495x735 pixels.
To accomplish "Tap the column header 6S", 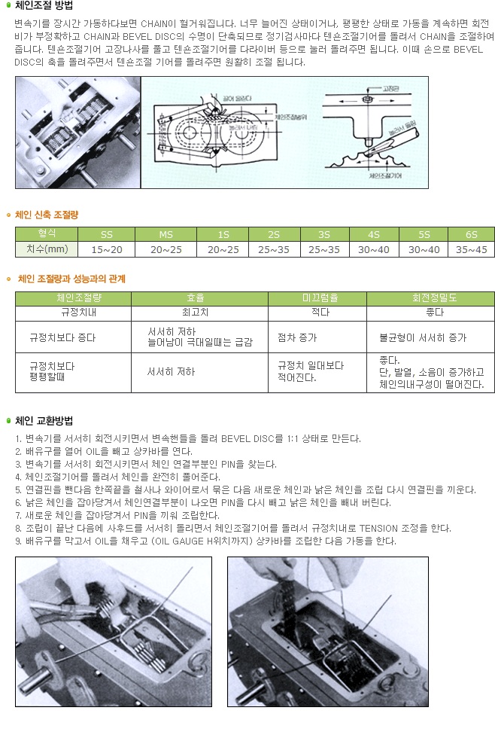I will coord(471,234).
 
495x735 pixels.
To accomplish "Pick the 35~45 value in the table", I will coord(471,249).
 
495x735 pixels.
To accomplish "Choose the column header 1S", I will coord(223,234).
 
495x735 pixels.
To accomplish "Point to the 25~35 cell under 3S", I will coord(323,249).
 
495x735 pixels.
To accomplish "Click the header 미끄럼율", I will coord(317,298).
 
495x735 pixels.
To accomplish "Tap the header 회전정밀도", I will coord(430,298).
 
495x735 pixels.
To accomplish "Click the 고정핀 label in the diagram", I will coord(392,88).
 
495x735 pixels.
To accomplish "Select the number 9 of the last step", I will coord(17,541).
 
